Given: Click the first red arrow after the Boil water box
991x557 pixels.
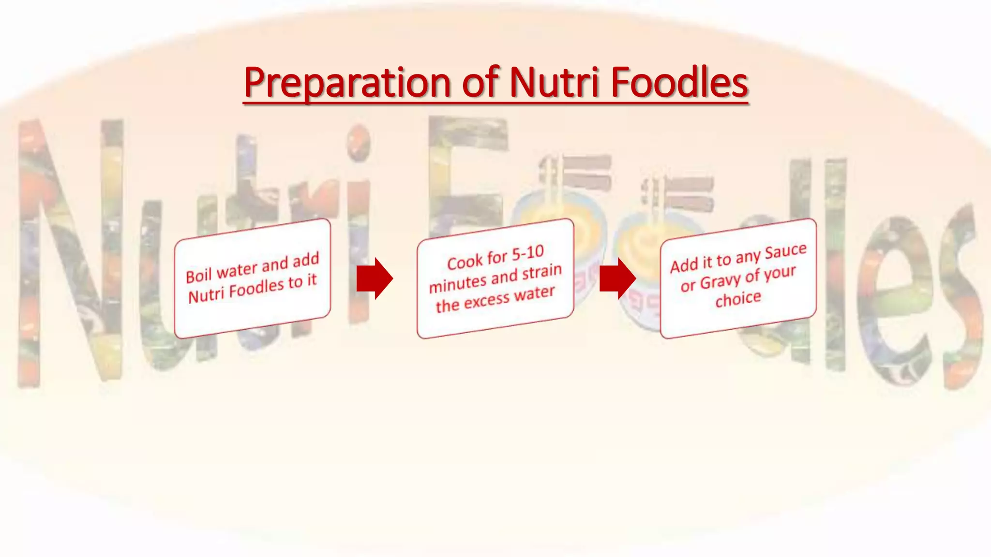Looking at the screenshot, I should tap(374, 278).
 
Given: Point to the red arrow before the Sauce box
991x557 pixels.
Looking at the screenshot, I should tap(617, 278).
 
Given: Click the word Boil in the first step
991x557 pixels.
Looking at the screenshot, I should tap(198, 276).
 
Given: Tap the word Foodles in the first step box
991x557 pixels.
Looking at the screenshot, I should tap(256, 289).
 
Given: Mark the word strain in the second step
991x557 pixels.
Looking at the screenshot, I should tap(542, 272).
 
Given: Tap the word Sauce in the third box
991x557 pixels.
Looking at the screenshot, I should tap(785, 251).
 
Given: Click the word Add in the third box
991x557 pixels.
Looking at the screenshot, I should tap(684, 265).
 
